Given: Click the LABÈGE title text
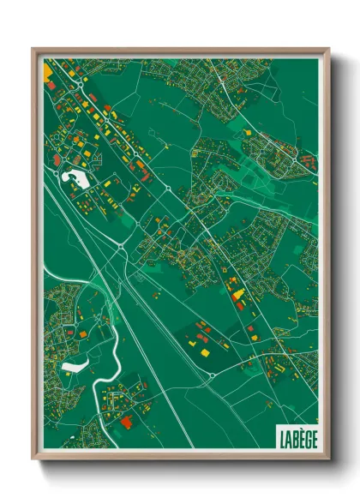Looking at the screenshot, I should tap(297, 436).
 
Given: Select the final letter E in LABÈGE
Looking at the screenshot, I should tap(313, 436).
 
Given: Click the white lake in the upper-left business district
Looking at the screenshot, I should tap(76, 180).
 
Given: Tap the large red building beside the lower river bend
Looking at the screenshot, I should tap(128, 423).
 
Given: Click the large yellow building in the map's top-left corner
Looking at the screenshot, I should tap(47, 70).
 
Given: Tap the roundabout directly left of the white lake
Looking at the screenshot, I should tap(53, 180).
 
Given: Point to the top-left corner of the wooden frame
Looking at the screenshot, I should tap(33, 49).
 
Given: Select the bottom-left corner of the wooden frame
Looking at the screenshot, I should tap(33, 460).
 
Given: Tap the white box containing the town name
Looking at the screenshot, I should tap(297, 436).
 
